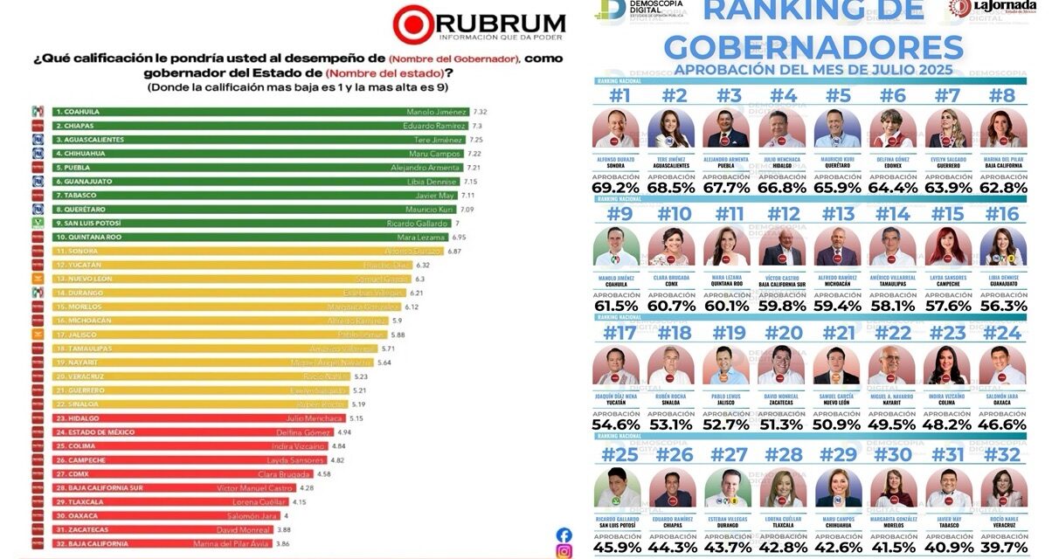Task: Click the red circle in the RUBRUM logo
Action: coord(411,24)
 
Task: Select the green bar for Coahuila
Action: coord(253,112)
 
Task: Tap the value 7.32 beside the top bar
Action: coord(480,113)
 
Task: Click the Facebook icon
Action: coord(564,535)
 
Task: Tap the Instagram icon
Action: coord(564,551)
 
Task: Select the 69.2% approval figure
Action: coord(615,187)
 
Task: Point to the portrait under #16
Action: coord(1002,246)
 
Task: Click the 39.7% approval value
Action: coord(1002,547)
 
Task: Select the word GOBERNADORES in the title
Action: coord(813,48)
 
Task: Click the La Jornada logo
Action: coord(996,10)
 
